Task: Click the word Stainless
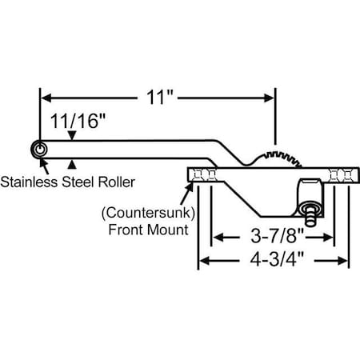tap(30, 182)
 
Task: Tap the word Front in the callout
tap(125, 230)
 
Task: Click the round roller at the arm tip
tap(38, 150)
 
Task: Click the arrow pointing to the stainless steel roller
tap(43, 165)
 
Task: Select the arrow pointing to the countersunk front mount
tap(187, 189)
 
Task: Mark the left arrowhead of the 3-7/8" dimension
tap(215, 238)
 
